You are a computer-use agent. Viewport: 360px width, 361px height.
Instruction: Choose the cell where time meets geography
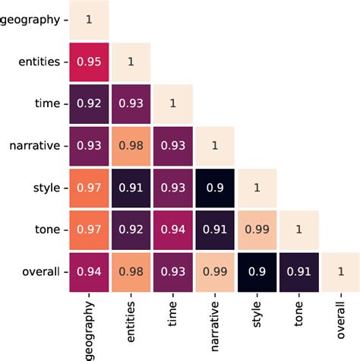pos(89,102)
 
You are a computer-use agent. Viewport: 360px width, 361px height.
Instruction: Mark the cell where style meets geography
pos(89,185)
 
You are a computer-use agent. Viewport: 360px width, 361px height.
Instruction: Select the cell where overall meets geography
pos(89,270)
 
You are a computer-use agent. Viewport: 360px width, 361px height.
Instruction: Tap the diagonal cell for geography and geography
pos(89,18)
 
